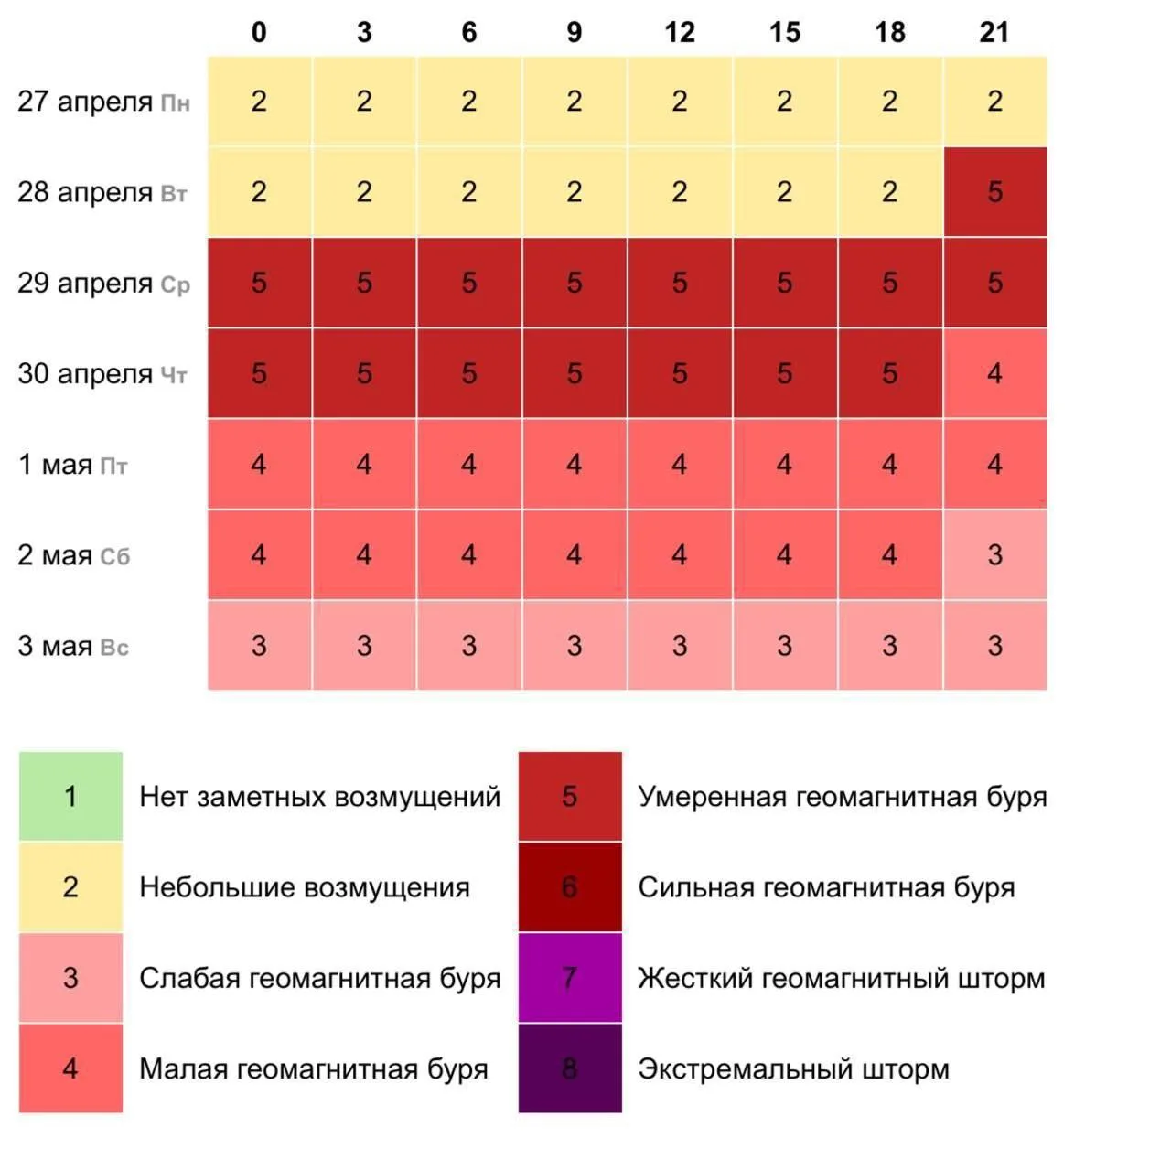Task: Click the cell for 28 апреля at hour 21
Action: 994,192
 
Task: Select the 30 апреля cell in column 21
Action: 994,373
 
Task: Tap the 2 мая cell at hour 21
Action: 994,555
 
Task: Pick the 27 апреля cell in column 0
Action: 259,102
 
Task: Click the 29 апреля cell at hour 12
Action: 679,283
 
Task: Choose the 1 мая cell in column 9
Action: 574,465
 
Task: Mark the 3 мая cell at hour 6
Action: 468,646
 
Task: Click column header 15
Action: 784,33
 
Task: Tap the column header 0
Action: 259,33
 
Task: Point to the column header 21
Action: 994,33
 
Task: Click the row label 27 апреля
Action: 85,102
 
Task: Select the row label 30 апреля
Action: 85,374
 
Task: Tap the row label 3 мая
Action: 55,647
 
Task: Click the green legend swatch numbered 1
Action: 70,796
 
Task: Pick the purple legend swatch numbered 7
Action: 569,978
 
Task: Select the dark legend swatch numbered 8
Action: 569,1068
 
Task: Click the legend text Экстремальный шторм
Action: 793,1068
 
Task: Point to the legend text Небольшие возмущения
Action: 305,887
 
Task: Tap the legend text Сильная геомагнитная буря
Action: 826,887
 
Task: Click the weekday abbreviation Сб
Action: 115,557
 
